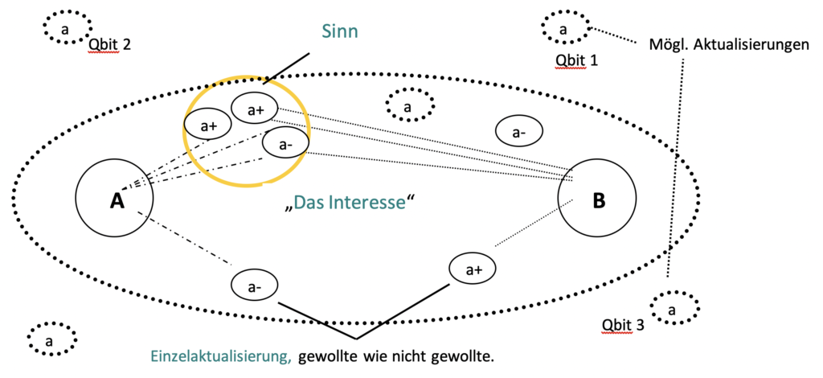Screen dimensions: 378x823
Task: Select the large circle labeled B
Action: [597, 199]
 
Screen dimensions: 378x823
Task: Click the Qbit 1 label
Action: [576, 60]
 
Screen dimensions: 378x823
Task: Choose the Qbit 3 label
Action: [623, 325]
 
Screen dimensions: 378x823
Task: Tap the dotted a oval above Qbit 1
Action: [563, 29]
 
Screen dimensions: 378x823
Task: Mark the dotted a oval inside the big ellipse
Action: [408, 106]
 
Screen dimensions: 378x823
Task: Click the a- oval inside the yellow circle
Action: [285, 144]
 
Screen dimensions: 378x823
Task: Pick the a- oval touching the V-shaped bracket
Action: [254, 284]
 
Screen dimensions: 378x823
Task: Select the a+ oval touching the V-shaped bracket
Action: [472, 269]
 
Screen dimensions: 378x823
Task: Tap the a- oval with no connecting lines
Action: [519, 130]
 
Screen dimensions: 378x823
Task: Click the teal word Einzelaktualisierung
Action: [220, 355]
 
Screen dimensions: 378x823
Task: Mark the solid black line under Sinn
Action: [287, 68]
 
